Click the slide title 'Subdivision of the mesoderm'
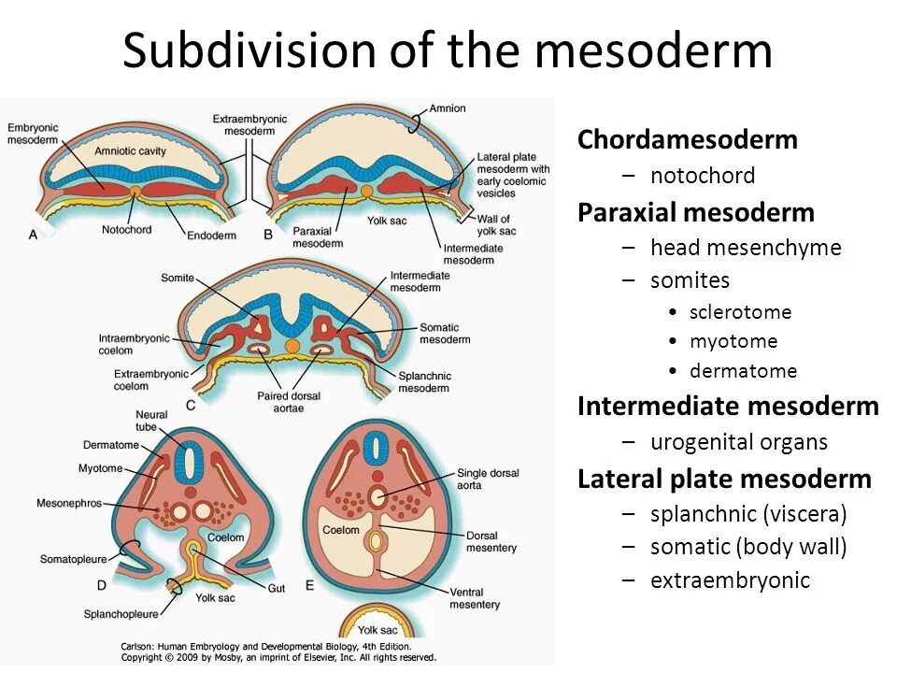[x=448, y=50]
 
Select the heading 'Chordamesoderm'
[x=687, y=140]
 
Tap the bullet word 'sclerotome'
[x=740, y=312]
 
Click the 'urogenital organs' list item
[x=738, y=442]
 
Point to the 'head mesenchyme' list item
[x=746, y=248]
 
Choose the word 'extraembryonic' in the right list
[x=730, y=580]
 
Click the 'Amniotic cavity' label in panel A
[x=128, y=150]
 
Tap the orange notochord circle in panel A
[x=135, y=191]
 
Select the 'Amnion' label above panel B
[x=448, y=108]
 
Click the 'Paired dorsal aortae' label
[x=289, y=402]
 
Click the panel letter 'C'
[x=191, y=405]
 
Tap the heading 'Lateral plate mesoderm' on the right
[x=724, y=480]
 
